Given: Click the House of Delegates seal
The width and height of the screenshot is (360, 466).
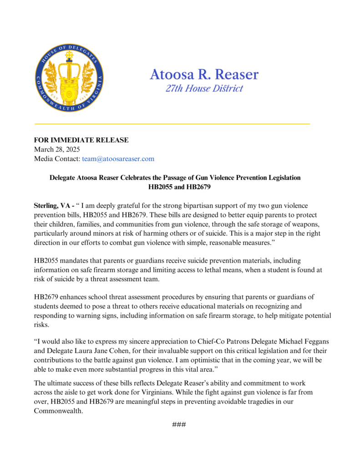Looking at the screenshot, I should [69, 78].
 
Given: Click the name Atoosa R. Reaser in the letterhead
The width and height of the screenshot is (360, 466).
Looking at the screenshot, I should [204, 74].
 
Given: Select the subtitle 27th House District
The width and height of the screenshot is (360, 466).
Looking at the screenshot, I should [204, 88].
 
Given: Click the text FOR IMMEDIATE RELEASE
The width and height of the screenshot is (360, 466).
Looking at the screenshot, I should [81, 140].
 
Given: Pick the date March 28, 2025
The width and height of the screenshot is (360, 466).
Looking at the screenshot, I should [57, 149].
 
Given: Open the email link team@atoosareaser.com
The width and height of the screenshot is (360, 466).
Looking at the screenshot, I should [118, 159].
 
